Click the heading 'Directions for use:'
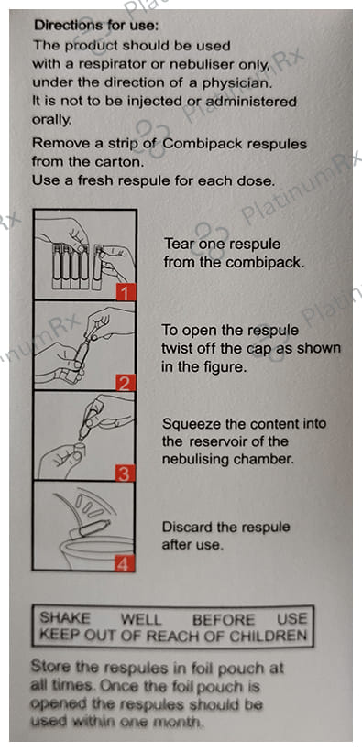pos(96,25)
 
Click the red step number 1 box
pos(126,291)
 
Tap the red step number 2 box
pos(126,382)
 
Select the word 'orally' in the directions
pos(51,121)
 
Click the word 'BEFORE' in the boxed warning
pos(224,619)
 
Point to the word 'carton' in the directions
pos(118,162)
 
